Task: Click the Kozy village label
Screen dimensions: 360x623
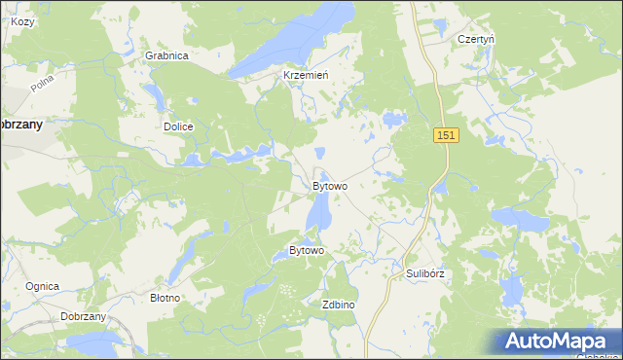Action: (x=21, y=20)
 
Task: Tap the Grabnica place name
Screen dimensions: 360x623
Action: (x=166, y=55)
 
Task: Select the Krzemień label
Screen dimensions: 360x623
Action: (x=306, y=75)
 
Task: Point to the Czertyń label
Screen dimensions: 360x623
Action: (x=476, y=39)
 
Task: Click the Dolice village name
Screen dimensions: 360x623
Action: (x=178, y=126)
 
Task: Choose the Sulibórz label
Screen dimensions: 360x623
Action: (x=424, y=273)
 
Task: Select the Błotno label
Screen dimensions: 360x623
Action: (x=164, y=298)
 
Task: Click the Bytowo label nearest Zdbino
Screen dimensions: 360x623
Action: (x=307, y=251)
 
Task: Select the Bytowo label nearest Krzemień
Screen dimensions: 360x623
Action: (x=329, y=185)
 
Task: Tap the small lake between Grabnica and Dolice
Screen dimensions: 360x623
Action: (x=154, y=95)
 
